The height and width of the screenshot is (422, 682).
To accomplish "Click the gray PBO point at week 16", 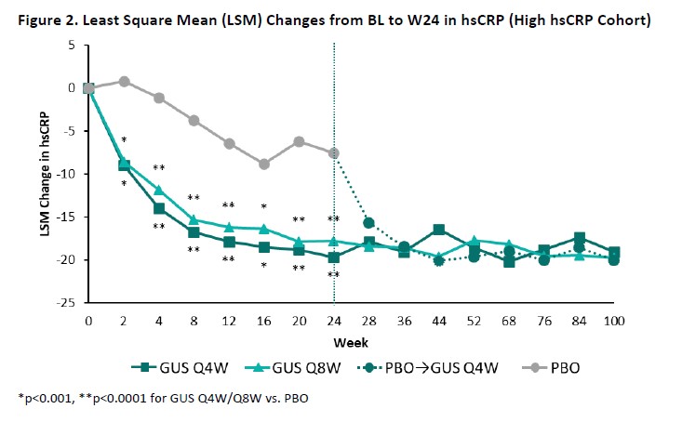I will (x=264, y=164).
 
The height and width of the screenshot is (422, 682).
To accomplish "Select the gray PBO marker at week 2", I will (x=124, y=81).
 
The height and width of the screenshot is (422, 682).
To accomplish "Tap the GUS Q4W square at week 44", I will (x=439, y=230).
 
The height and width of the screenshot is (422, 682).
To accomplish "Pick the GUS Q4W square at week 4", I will (x=159, y=208).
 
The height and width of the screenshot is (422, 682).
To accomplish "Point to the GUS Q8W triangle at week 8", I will (x=194, y=219).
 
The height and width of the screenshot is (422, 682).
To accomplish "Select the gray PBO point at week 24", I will (x=333, y=153).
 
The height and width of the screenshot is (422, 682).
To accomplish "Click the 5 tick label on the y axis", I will (x=74, y=45).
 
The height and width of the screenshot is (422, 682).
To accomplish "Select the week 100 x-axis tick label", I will (x=613, y=321).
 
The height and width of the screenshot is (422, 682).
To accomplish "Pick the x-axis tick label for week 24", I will (x=334, y=321).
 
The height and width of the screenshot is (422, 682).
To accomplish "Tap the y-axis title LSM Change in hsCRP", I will (x=44, y=175).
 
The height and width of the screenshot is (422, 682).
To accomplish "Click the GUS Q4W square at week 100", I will (x=613, y=253).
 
